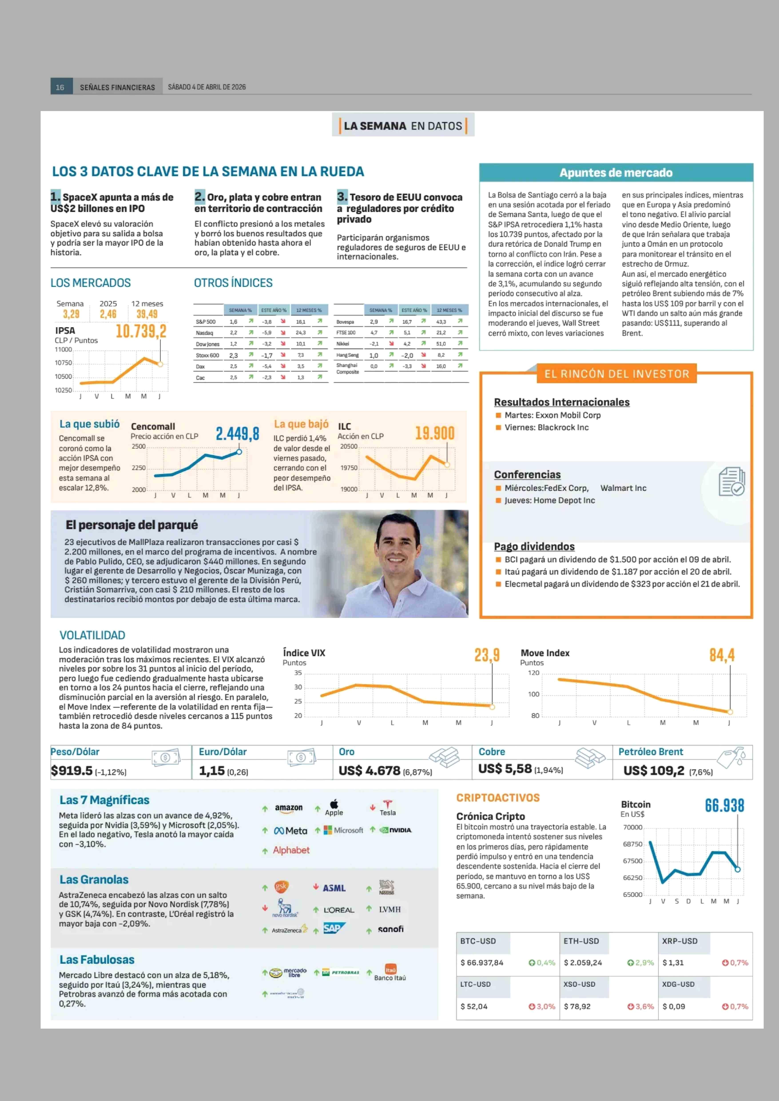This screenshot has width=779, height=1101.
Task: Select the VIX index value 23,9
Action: pyautogui.click(x=487, y=655)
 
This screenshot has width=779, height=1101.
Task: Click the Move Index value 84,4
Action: pyautogui.click(x=722, y=655)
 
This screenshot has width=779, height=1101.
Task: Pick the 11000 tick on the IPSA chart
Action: pyautogui.click(x=63, y=350)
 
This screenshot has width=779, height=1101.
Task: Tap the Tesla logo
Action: pyautogui.click(x=388, y=808)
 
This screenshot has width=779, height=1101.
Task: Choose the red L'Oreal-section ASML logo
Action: pyautogui.click(x=334, y=888)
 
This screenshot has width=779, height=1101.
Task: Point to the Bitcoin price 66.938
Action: pyautogui.click(x=724, y=805)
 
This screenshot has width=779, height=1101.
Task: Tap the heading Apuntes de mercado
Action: pyautogui.click(x=616, y=173)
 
